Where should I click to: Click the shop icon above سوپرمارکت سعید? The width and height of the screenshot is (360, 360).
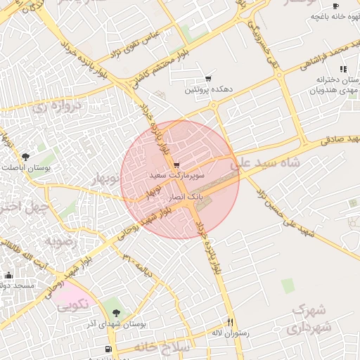click(x=176, y=165)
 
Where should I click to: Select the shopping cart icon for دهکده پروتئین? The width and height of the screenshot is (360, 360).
click(x=208, y=79)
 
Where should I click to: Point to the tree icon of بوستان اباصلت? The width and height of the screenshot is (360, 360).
click(x=26, y=157)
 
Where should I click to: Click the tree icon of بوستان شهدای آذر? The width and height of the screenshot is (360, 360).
click(x=116, y=313)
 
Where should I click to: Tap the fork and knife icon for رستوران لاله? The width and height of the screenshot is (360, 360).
click(x=229, y=322)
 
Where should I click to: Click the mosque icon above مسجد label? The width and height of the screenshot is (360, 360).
click(x=8, y=276)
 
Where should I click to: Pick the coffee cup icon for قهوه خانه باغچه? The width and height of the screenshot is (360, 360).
click(x=335, y=6)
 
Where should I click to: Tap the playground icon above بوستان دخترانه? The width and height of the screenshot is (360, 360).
click(x=343, y=69)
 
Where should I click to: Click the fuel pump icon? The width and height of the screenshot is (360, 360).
click(x=108, y=349)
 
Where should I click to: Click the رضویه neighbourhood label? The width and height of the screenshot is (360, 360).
click(x=63, y=240)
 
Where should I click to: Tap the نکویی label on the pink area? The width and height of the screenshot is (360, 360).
click(x=72, y=306)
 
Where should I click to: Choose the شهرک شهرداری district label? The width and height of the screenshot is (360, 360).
click(x=312, y=318)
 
